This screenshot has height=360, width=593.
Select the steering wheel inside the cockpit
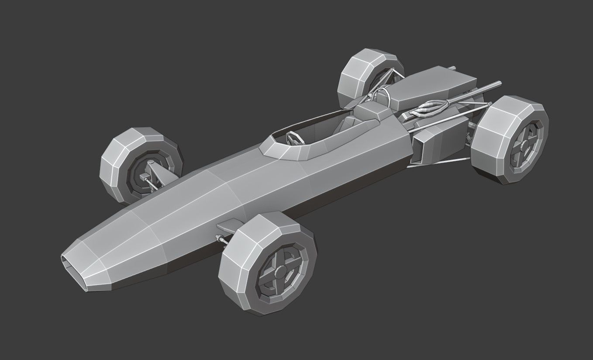[x=295, y=138]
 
